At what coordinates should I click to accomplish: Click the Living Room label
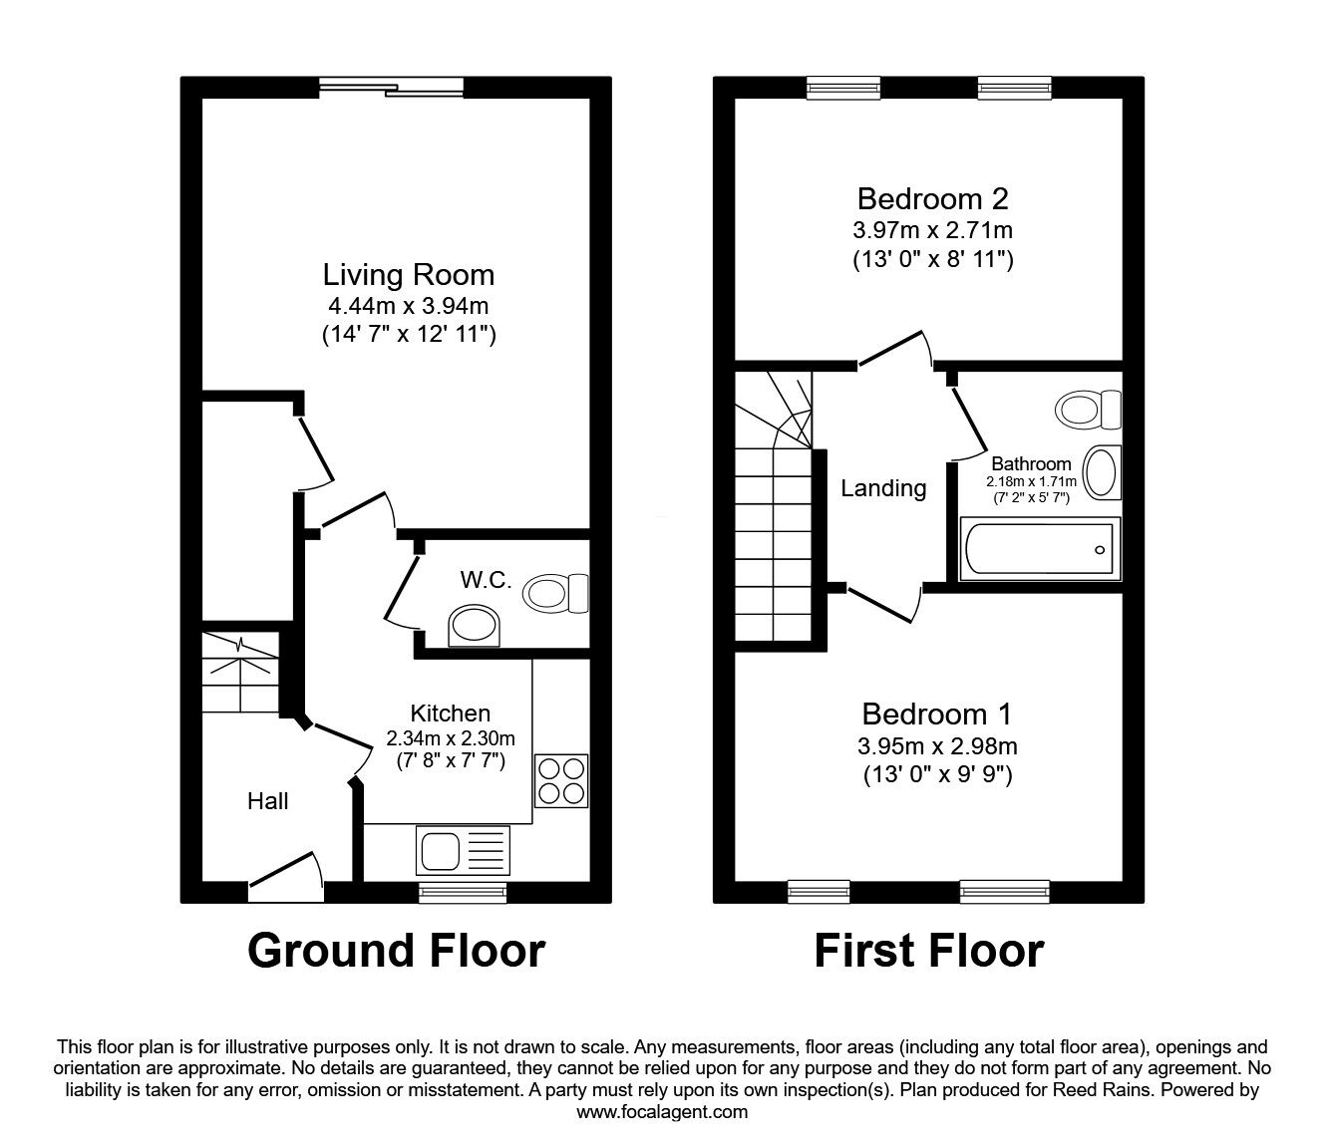click(x=408, y=274)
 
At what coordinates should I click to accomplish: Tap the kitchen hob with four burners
click(x=561, y=780)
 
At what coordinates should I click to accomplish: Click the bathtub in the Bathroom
click(x=1039, y=548)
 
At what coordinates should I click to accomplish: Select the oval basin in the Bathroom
click(x=1101, y=472)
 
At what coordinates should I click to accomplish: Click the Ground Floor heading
click(x=396, y=951)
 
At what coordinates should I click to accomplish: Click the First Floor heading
click(x=928, y=951)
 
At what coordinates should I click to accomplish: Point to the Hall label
click(x=268, y=801)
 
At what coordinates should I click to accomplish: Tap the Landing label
click(x=883, y=488)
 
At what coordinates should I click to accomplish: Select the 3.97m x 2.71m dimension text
click(x=932, y=231)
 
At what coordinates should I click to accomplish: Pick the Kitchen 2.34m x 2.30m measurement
click(x=451, y=738)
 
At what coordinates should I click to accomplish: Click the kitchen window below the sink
click(x=464, y=892)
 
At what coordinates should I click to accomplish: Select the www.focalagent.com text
click(x=662, y=1112)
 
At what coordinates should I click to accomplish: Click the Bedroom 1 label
click(x=936, y=715)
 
